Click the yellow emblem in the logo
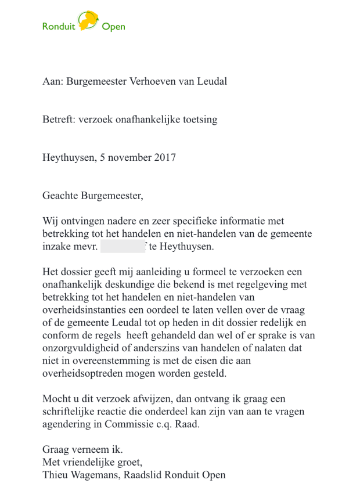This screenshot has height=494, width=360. [88, 21]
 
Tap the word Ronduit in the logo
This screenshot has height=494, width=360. [59, 27]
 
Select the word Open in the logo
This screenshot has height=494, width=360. [113, 27]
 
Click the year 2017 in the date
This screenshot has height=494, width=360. [165, 157]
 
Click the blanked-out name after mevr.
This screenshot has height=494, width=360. [123, 247]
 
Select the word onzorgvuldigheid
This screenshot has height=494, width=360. [80, 348]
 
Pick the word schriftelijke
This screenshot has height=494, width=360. [71, 412]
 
